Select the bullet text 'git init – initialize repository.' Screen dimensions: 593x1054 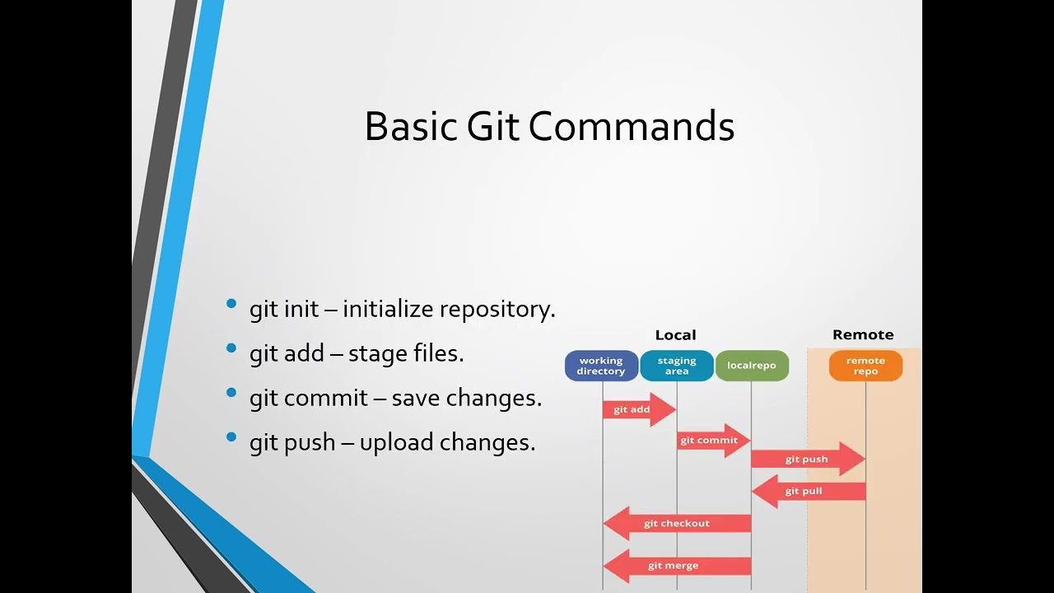[402, 310]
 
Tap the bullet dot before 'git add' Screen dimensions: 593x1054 [231, 348]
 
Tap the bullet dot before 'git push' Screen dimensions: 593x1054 [231, 437]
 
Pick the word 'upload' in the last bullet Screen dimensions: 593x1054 [396, 443]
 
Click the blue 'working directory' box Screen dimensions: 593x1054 [601, 366]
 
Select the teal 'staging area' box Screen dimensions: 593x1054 [677, 366]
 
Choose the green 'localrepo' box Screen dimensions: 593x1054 [752, 366]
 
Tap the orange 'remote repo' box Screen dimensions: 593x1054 [865, 366]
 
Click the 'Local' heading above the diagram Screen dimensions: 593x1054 [675, 335]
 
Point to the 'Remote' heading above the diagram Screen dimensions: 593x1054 [863, 335]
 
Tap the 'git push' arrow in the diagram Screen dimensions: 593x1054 [807, 459]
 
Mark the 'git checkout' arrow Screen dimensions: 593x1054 [677, 524]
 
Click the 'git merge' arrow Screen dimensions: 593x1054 [675, 566]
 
